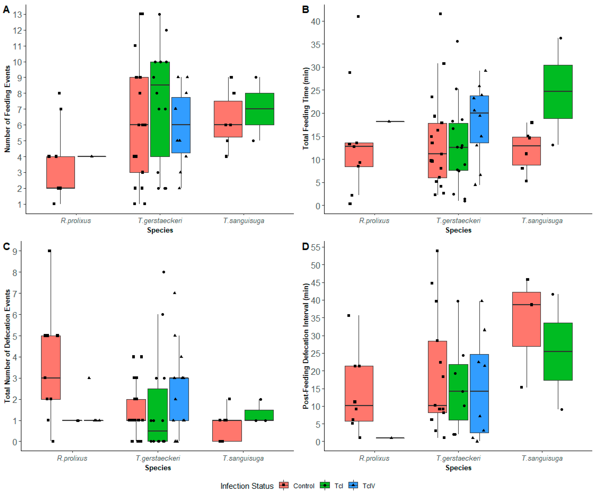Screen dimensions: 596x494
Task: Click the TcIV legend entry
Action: (362, 486)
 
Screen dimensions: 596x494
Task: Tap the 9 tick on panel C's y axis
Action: (15, 251)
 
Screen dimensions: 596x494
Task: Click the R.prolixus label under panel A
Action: (76, 221)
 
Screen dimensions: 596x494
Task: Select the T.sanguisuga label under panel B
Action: (542, 221)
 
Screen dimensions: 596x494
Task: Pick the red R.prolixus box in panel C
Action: (51, 368)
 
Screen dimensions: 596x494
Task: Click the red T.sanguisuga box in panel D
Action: (527, 319)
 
